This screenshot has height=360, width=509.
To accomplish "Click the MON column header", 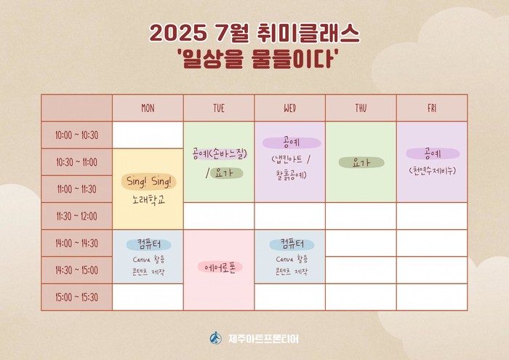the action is click(x=148, y=108).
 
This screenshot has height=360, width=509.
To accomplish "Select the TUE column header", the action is click(x=219, y=108).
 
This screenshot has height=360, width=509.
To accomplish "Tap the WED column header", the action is click(x=290, y=108).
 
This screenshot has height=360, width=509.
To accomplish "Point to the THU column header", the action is click(x=361, y=108).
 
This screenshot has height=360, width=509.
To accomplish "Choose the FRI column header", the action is click(x=432, y=108).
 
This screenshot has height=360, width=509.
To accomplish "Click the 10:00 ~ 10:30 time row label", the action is click(x=76, y=135).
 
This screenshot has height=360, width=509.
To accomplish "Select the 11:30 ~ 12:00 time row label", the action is click(x=76, y=216).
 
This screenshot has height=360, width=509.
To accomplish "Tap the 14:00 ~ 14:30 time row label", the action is click(x=76, y=243).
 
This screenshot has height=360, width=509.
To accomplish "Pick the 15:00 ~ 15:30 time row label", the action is click(x=76, y=297).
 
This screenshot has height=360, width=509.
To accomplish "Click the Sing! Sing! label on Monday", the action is click(x=149, y=182).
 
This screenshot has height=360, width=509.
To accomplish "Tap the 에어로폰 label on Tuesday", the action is click(x=220, y=267).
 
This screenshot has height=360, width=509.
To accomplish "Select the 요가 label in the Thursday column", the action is click(x=361, y=163).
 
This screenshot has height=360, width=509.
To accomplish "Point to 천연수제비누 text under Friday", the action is click(x=433, y=170).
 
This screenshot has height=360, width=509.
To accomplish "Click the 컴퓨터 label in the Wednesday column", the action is click(x=292, y=244).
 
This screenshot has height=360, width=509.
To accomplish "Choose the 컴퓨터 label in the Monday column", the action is click(x=148, y=244).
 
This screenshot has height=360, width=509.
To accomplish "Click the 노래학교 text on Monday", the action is click(x=148, y=200).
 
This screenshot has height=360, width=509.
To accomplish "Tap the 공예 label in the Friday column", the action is click(x=433, y=153).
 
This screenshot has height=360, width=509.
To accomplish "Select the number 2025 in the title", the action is click(x=177, y=33).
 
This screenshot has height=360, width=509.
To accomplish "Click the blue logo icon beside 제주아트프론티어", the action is click(x=215, y=338).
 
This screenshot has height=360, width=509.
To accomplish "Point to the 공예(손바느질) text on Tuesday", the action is click(x=220, y=153).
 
